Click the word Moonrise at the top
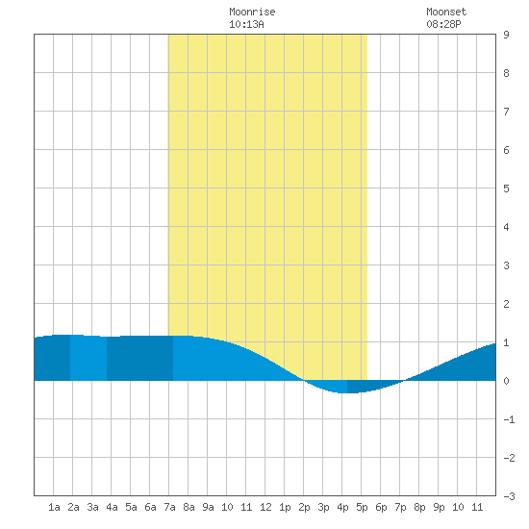(252, 12)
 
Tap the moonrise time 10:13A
(246, 24)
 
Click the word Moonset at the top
(446, 12)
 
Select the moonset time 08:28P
(443, 24)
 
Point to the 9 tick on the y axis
(506, 35)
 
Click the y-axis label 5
(506, 189)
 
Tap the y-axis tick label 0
(506, 381)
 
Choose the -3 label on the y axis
(509, 496)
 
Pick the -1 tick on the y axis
(509, 419)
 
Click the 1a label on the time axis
(54, 507)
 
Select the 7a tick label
(169, 507)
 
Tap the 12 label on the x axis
(265, 507)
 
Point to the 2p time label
(304, 507)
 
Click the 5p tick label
(362, 507)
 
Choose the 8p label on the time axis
(419, 507)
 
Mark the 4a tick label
(112, 507)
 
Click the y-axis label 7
(506, 112)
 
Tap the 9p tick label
(439, 507)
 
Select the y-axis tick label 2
(506, 304)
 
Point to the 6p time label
(381, 507)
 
